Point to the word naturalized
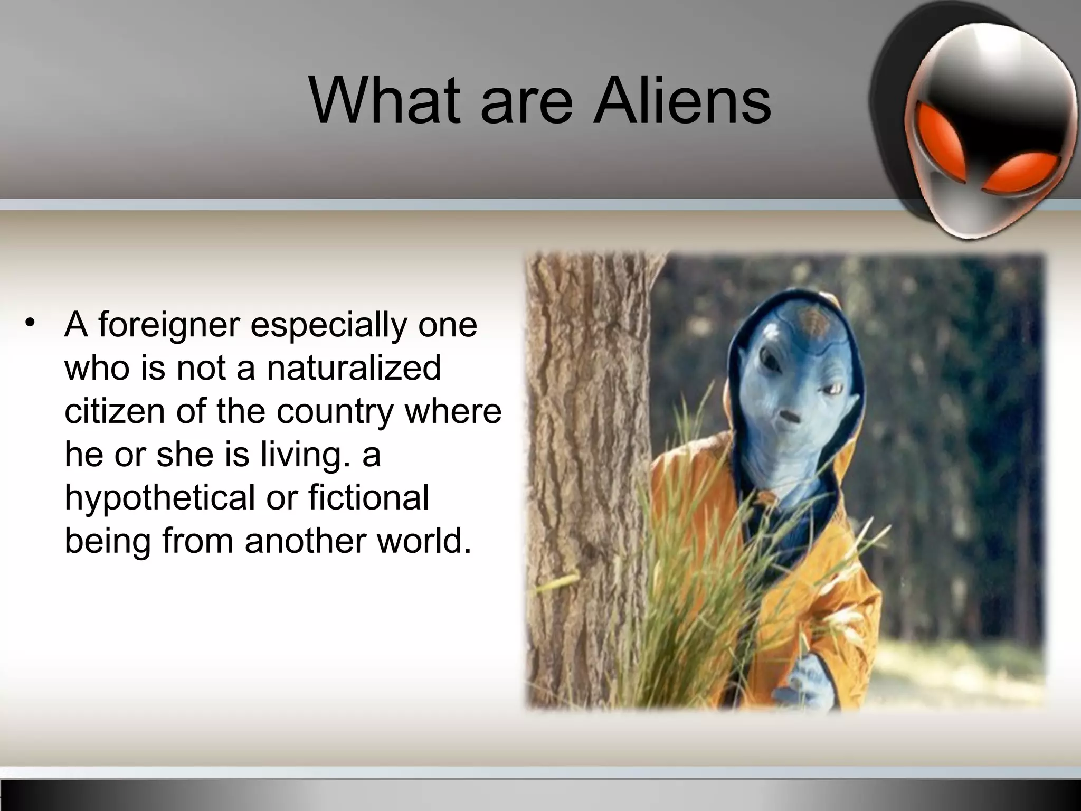pyautogui.click(x=354, y=367)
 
